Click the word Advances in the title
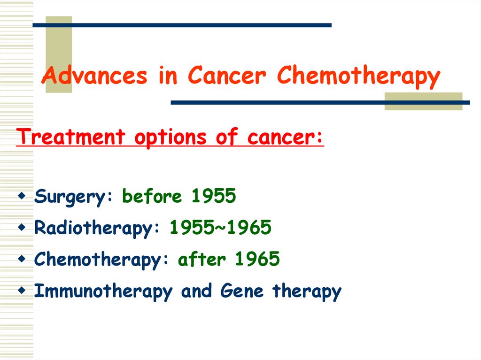tap(94, 76)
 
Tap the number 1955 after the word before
tap(213, 197)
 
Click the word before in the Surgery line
tap(152, 197)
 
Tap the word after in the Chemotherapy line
tap(202, 259)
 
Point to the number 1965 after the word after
tap(257, 259)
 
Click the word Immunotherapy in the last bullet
tap(103, 291)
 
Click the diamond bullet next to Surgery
tap(22, 196)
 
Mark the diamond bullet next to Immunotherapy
tap(22, 291)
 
